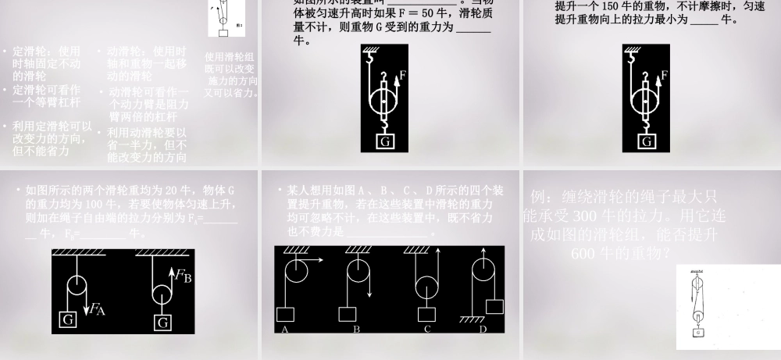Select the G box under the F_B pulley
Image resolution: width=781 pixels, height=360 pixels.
pyautogui.click(x=162, y=321)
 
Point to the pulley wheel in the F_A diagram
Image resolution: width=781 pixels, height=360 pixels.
pyautogui.click(x=76, y=285)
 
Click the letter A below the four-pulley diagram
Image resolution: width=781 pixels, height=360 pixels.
pyautogui.click(x=286, y=330)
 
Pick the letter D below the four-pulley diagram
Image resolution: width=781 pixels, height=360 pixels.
pyautogui.click(x=483, y=330)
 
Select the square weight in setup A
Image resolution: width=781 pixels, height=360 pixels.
pyautogui.click(x=286, y=314)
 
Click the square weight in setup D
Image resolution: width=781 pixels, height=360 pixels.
pyautogui.click(x=494, y=306)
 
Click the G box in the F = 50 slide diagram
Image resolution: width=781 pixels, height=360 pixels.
pyautogui.click(x=386, y=141)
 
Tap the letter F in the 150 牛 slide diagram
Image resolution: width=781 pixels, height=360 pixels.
pyautogui.click(x=664, y=77)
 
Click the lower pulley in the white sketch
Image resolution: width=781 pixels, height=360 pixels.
pyautogui.click(x=697, y=312)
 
